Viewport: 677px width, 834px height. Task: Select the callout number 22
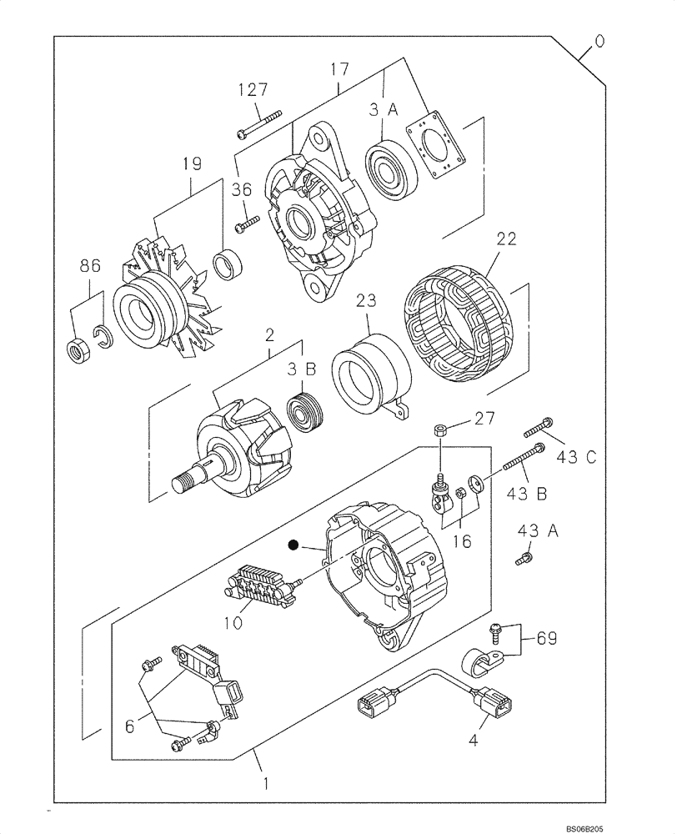point(506,239)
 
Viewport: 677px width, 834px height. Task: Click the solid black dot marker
point(293,545)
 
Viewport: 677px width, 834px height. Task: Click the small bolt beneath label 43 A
point(524,560)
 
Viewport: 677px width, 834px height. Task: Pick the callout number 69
point(547,640)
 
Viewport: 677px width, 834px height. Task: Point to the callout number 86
point(90,267)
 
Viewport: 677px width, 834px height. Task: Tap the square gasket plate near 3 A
point(438,147)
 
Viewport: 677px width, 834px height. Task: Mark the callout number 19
point(193,165)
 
